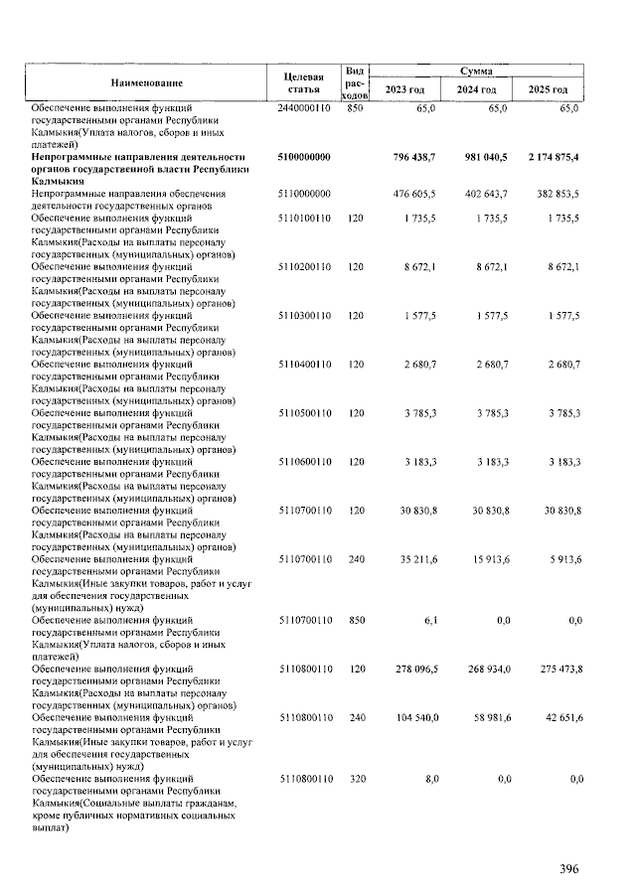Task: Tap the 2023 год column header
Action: pos(404,90)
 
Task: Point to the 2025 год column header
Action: pos(548,90)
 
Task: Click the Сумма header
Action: pos(476,72)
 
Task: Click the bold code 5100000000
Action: pos(305,157)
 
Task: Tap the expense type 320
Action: pos(355,779)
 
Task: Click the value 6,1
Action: pos(429,620)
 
